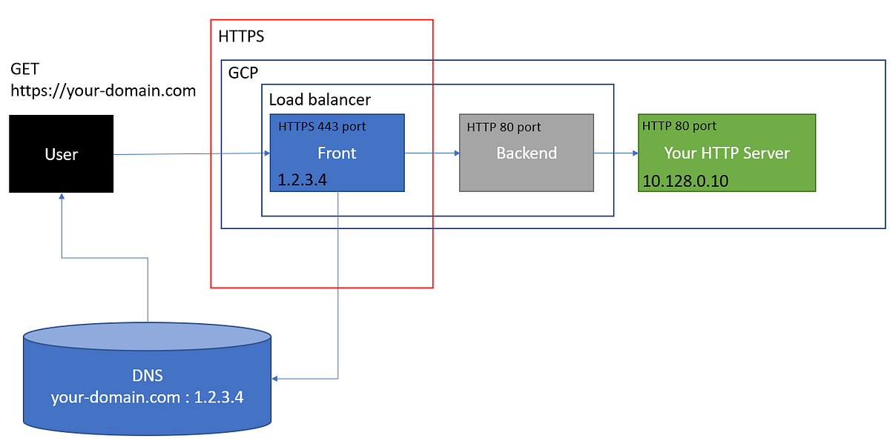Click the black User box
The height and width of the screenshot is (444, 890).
click(61, 154)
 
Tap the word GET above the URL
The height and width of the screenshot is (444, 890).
click(24, 70)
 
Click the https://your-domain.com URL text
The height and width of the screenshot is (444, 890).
click(102, 91)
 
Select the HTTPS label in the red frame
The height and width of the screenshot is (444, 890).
click(241, 36)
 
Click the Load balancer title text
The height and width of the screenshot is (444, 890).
click(320, 99)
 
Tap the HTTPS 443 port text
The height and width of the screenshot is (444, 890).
click(322, 127)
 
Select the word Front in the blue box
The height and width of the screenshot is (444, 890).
click(337, 153)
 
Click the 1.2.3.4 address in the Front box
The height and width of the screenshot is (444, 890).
click(303, 179)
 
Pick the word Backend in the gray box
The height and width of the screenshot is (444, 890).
click(527, 153)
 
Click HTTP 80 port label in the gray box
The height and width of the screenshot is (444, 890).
click(504, 127)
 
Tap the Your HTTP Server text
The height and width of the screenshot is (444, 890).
click(727, 153)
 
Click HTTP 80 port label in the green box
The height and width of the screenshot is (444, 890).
click(679, 126)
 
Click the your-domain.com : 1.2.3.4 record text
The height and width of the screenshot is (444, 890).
click(147, 397)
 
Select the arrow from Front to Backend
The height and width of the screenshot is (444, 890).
click(432, 153)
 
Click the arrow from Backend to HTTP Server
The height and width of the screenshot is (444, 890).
click(616, 153)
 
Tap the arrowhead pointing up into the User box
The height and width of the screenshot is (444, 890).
click(62, 197)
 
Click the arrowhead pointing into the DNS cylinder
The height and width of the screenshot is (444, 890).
click(275, 379)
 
